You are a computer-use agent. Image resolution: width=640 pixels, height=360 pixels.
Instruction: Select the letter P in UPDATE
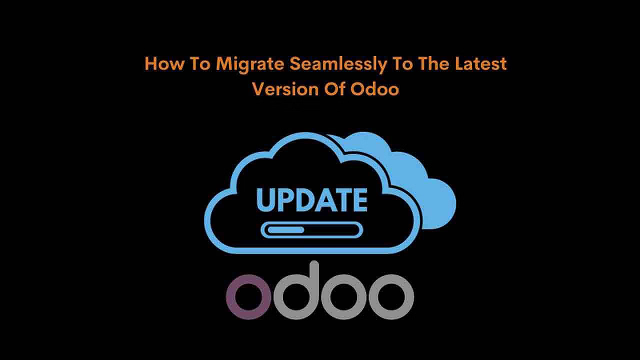click(x=285, y=199)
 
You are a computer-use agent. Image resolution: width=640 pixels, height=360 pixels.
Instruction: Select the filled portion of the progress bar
click(x=285, y=230)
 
